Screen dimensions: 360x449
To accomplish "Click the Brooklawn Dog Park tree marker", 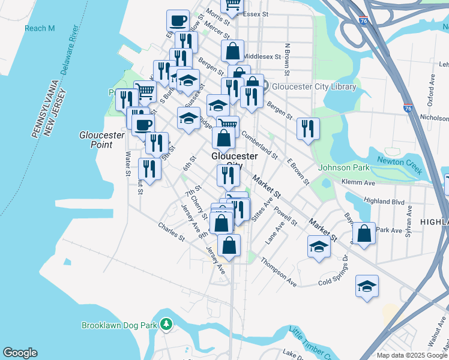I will pos(166,325).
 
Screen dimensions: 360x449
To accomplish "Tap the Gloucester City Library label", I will pos(314,86).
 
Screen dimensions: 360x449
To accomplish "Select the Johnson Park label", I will pos(344,167).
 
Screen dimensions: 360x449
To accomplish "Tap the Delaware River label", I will pos(67,58).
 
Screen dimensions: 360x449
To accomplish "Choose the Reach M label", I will pos(40,28).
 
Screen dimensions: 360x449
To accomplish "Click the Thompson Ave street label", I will pos(279,274).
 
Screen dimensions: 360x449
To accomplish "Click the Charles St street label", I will pos(171,232).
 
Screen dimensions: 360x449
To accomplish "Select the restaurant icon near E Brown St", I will pos(308,128).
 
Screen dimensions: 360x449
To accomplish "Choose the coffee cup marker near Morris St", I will pos(178,21).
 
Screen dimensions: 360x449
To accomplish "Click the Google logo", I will pos(20,353).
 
